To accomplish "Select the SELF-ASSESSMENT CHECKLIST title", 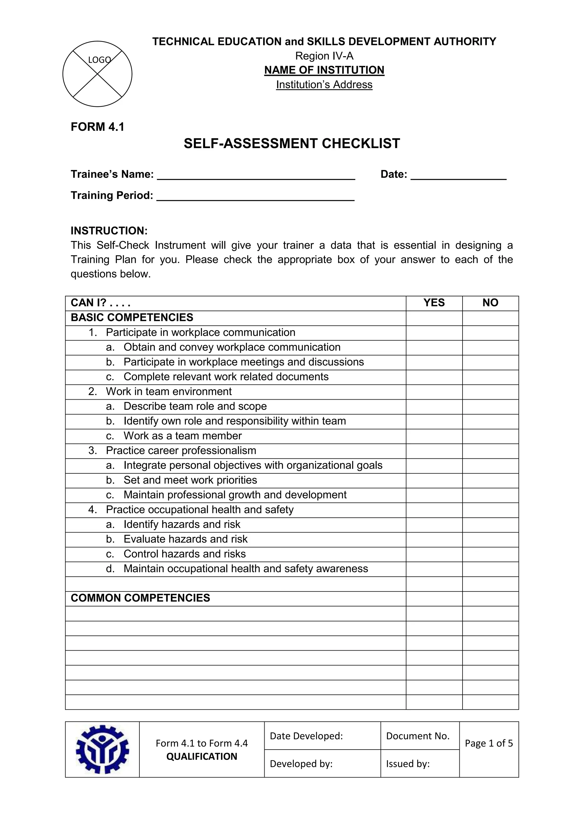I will pos(292,143).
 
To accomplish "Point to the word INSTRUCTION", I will pos(109,231).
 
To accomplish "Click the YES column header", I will pos(434,303).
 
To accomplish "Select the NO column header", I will pos(490,303).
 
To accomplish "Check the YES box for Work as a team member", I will pos(434,436).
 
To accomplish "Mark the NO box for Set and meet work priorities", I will pos(490,480).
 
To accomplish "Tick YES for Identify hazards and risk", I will pos(434,525).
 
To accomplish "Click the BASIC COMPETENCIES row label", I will pos(132,318).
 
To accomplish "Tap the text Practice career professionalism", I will pos(181,451).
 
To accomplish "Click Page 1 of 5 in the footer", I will pos(489,743).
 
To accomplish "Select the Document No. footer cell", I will pos(417,736).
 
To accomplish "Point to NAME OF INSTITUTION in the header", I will pos(324,70).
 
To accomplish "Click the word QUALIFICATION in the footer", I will pos(201,757).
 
